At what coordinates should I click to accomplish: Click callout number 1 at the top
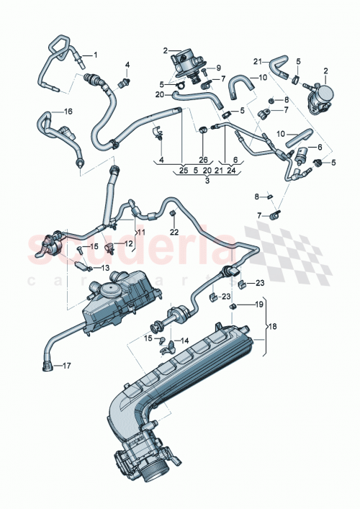tap(94, 55)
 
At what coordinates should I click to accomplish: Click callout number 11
tap(141, 232)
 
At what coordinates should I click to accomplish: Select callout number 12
tap(128, 244)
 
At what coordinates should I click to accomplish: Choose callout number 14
tap(184, 341)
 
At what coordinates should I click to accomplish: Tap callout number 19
tap(258, 305)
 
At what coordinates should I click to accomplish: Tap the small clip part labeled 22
tap(174, 215)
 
